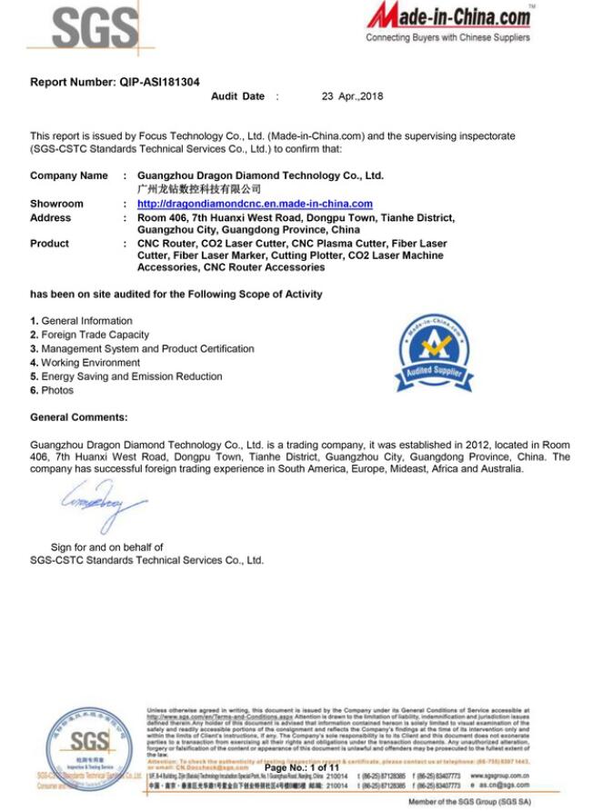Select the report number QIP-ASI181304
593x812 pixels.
point(159,82)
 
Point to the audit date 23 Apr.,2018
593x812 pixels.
point(354,95)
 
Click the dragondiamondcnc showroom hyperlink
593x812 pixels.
point(255,204)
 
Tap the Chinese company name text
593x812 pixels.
point(198,189)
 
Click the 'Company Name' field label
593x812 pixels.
point(68,175)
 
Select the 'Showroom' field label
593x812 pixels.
point(56,204)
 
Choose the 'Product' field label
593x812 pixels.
point(49,243)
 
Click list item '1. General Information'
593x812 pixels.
point(81,321)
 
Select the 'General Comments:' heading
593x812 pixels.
point(79,417)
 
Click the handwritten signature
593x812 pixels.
point(102,506)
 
